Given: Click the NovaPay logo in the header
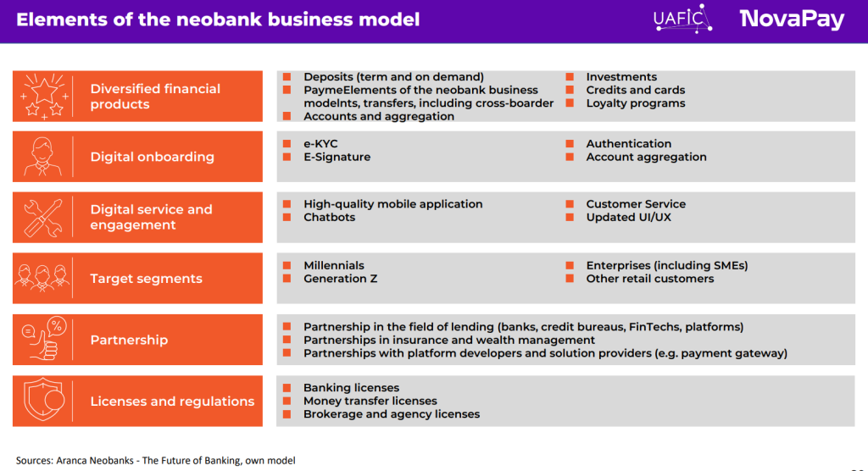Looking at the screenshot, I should click(x=792, y=19).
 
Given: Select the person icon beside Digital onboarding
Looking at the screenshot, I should click(x=42, y=157).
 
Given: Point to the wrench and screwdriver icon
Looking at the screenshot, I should click(x=42, y=218).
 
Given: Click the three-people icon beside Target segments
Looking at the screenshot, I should click(x=42, y=279).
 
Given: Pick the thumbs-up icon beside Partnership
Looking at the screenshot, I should click(x=42, y=340).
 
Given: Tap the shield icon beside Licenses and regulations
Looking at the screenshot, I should click(x=42, y=401).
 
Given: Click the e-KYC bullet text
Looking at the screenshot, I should click(x=320, y=144).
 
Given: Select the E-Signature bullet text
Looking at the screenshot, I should click(x=337, y=157).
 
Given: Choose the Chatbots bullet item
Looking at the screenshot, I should click(x=329, y=217).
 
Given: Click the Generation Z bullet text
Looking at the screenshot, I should click(x=340, y=278).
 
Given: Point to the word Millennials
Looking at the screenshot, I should click(x=334, y=265).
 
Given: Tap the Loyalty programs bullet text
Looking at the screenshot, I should click(x=636, y=103).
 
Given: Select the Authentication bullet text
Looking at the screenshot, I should click(x=629, y=144).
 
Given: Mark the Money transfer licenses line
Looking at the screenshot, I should click(x=370, y=401).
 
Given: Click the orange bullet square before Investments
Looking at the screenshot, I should click(x=570, y=77).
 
